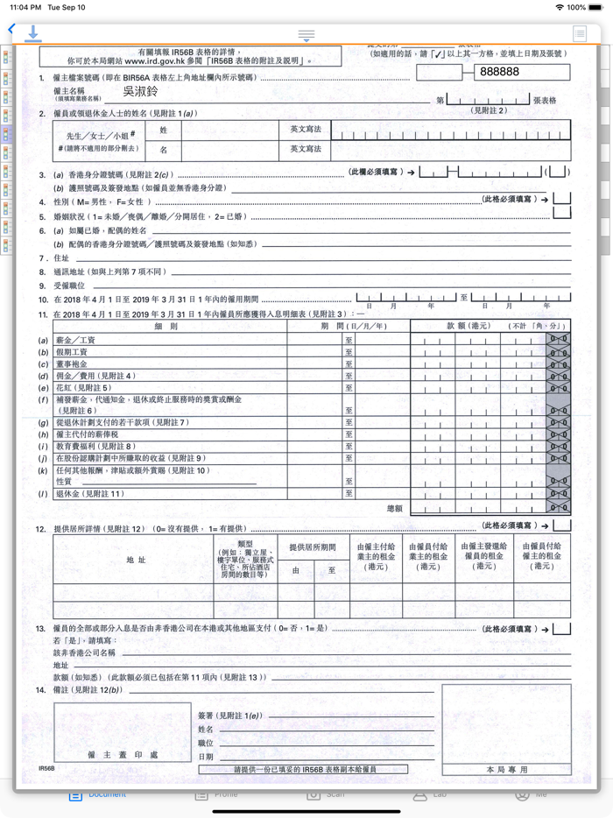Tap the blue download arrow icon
pyautogui.click(x=33, y=33)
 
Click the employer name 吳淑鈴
pyautogui.click(x=140, y=91)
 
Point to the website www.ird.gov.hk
pyautogui.click(x=156, y=61)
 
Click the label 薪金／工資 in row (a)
pyautogui.click(x=76, y=340)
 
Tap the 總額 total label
pyautogui.click(x=394, y=508)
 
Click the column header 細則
pyautogui.click(x=165, y=327)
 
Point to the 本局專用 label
pyautogui.click(x=507, y=769)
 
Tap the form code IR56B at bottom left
pyautogui.click(x=46, y=768)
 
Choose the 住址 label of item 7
pyautogui.click(x=61, y=258)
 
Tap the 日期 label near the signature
pyautogui.click(x=206, y=757)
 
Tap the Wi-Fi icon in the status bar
pyautogui.click(x=560, y=7)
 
